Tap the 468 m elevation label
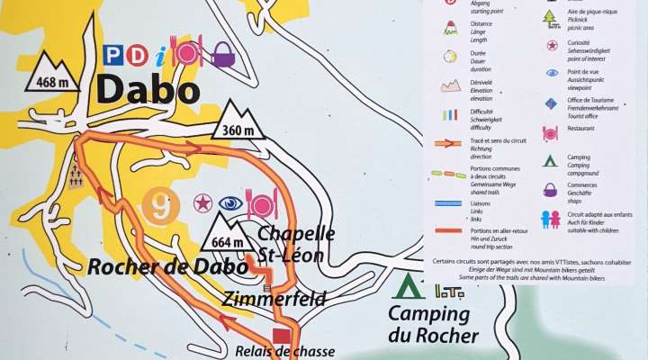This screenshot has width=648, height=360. [51, 84]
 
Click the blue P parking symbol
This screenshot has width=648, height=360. [113, 55]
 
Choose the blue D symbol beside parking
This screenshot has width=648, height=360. [139, 55]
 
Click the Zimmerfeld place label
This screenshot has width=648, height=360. [275, 299]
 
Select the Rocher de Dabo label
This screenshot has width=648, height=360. [167, 266]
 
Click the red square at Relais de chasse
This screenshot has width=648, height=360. [281, 336]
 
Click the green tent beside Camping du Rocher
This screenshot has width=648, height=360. [409, 288]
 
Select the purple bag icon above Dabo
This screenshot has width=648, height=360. [223, 57]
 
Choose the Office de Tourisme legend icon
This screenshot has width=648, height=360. [551, 103]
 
